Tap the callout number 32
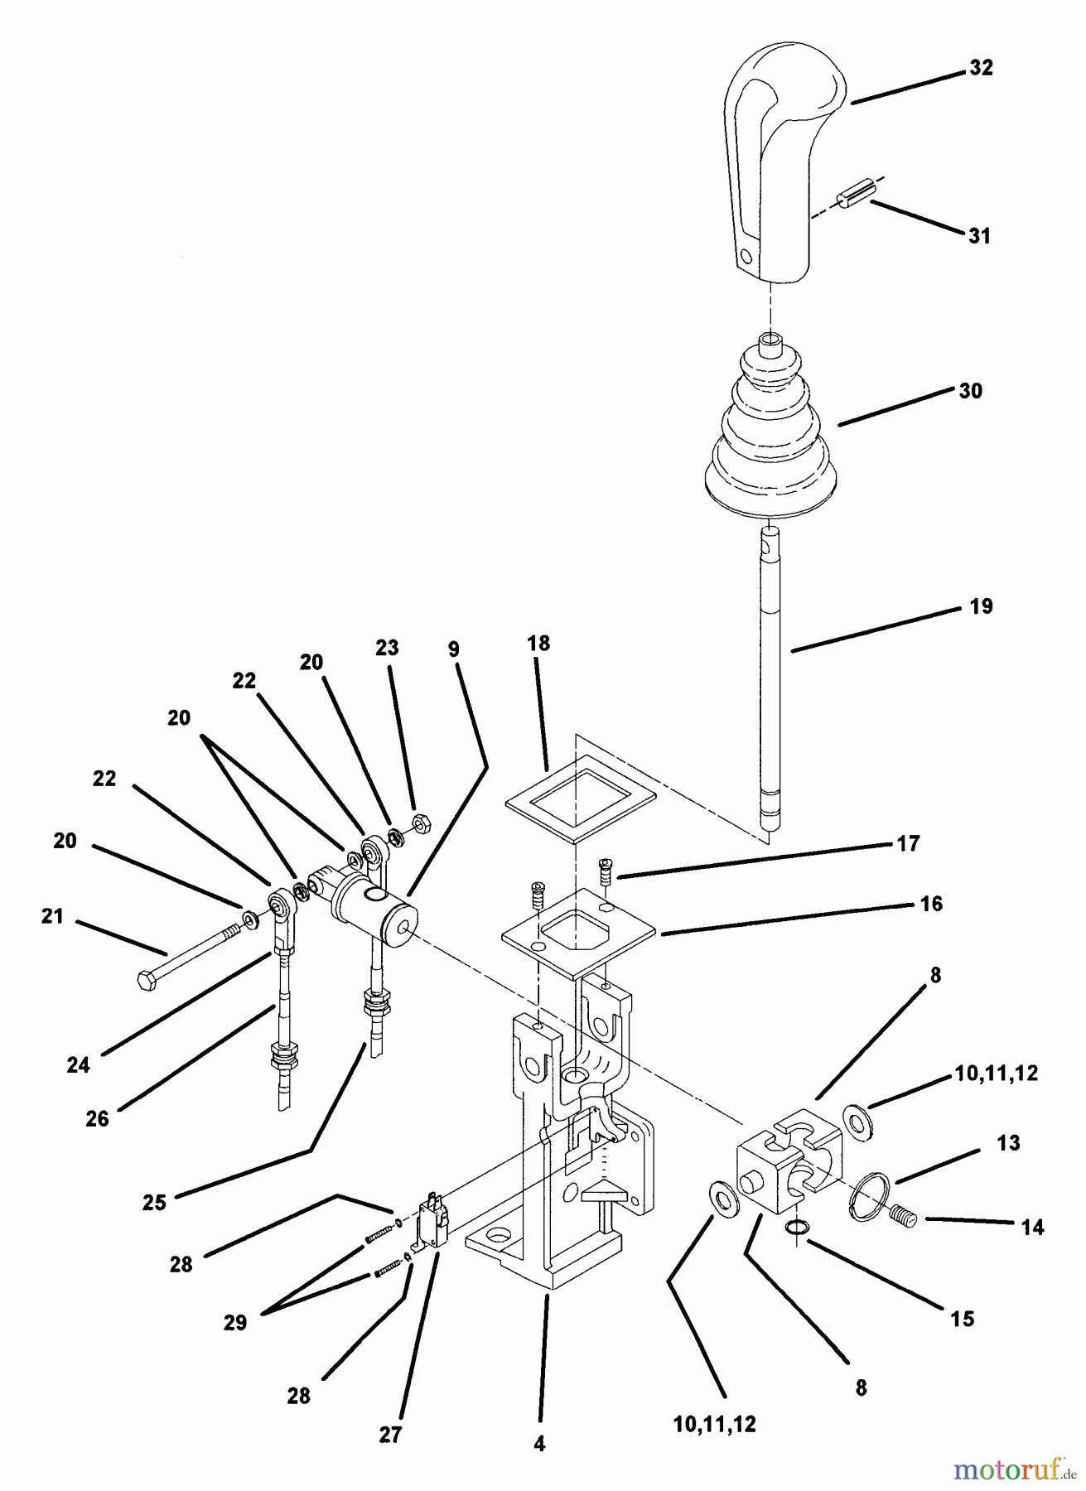tap(981, 68)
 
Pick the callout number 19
tap(981, 606)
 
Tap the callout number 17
tap(909, 843)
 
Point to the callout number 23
tap(387, 648)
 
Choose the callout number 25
tap(155, 1202)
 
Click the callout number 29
tap(234, 1322)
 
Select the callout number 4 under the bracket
tap(539, 1444)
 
